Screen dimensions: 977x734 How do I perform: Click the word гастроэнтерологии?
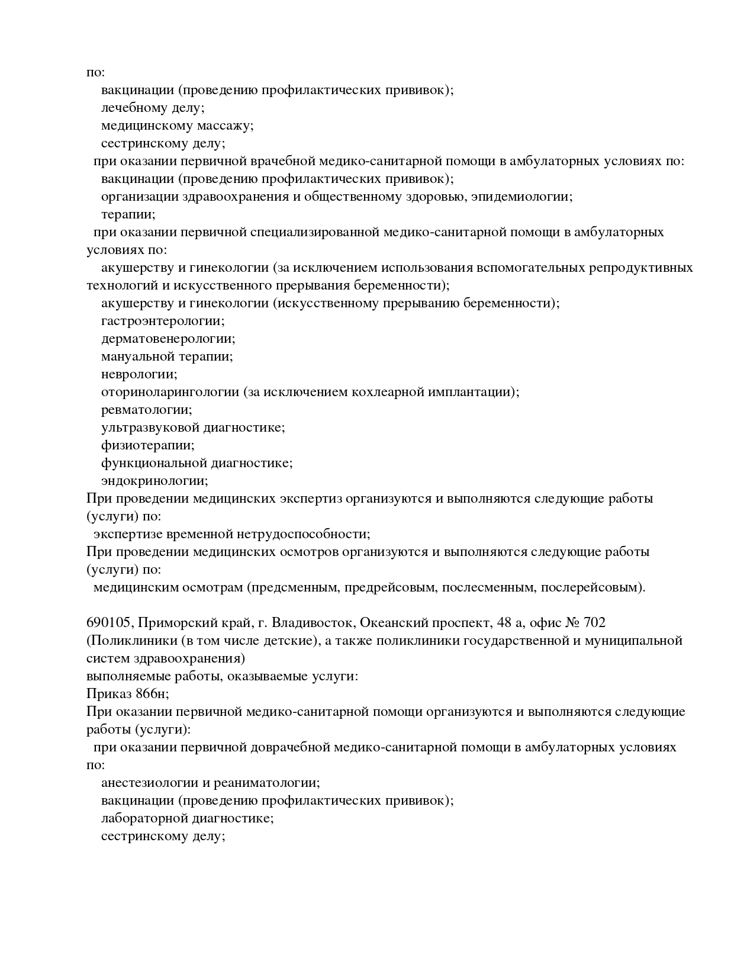coord(162,321)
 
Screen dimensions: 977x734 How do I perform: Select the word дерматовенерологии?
coord(168,339)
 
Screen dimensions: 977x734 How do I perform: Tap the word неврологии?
coord(139,374)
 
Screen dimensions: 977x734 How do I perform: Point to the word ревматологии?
coord(146,410)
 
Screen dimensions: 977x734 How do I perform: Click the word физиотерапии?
coord(147,445)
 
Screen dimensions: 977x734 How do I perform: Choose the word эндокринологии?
coord(154,481)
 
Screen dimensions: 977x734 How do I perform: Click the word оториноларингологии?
coord(170,392)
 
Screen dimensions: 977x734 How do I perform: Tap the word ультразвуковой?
coord(150,428)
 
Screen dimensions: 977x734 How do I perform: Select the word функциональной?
coord(149,463)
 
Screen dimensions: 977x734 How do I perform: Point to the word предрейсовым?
coord(391,587)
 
